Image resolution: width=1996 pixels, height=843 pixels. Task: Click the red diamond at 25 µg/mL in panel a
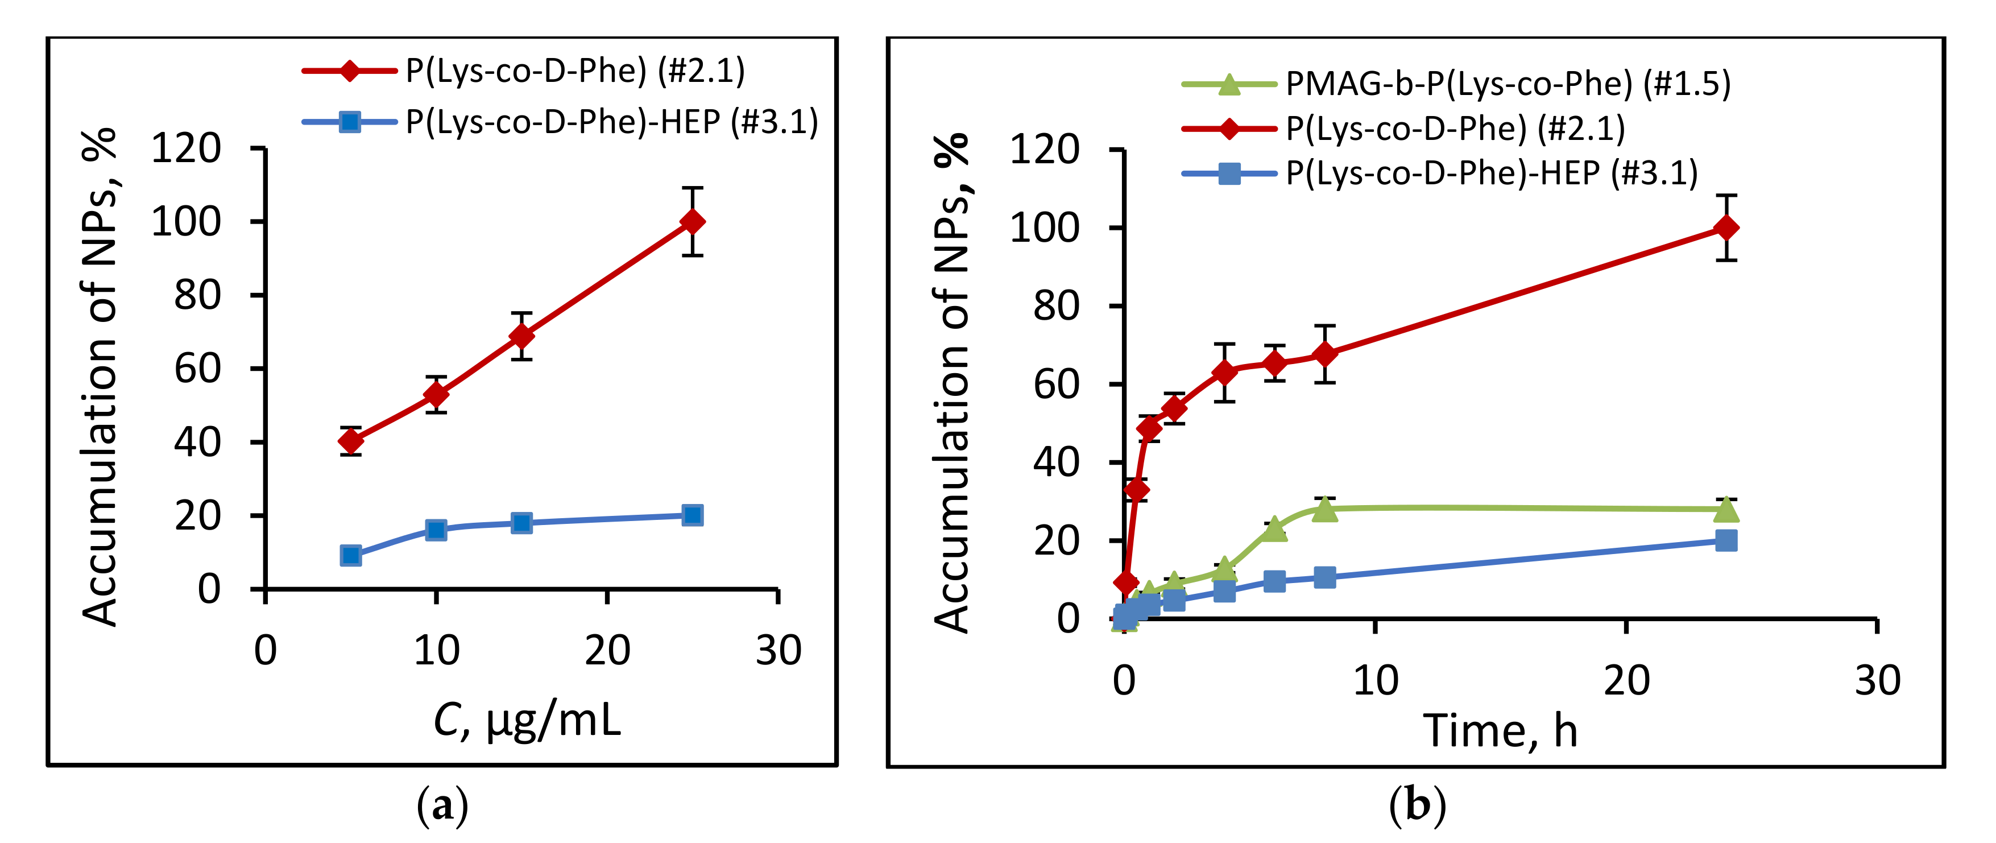click(x=693, y=222)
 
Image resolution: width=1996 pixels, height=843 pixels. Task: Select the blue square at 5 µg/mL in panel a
click(x=351, y=556)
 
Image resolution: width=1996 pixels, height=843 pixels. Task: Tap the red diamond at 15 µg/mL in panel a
click(x=522, y=336)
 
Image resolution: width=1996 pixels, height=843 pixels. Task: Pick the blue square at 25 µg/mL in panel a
click(x=693, y=515)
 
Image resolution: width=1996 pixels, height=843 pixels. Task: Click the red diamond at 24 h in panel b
click(x=1725, y=228)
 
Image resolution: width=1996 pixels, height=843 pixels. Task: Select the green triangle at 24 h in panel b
click(x=1725, y=509)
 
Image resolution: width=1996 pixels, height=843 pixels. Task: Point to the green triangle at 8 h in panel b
click(x=1325, y=509)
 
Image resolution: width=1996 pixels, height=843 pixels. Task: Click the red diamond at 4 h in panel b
click(x=1224, y=373)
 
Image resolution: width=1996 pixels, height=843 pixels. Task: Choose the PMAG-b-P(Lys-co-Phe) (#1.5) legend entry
click(x=1507, y=84)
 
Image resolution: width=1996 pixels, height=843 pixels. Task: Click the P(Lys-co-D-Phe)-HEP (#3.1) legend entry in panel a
click(x=611, y=122)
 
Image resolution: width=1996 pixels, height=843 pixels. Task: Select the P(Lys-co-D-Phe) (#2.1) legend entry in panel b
click(x=1455, y=129)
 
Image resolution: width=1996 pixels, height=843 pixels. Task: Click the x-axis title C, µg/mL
click(x=527, y=721)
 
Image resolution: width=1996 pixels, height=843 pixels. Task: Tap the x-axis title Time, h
click(x=1500, y=730)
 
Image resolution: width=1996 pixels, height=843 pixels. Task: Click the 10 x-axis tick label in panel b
click(x=1376, y=681)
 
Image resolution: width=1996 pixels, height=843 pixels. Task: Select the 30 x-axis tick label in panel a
click(x=778, y=651)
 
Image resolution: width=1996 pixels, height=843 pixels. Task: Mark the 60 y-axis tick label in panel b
click(x=1055, y=385)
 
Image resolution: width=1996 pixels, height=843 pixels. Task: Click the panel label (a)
click(x=442, y=807)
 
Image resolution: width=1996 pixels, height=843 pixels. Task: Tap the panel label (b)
click(x=1417, y=806)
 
